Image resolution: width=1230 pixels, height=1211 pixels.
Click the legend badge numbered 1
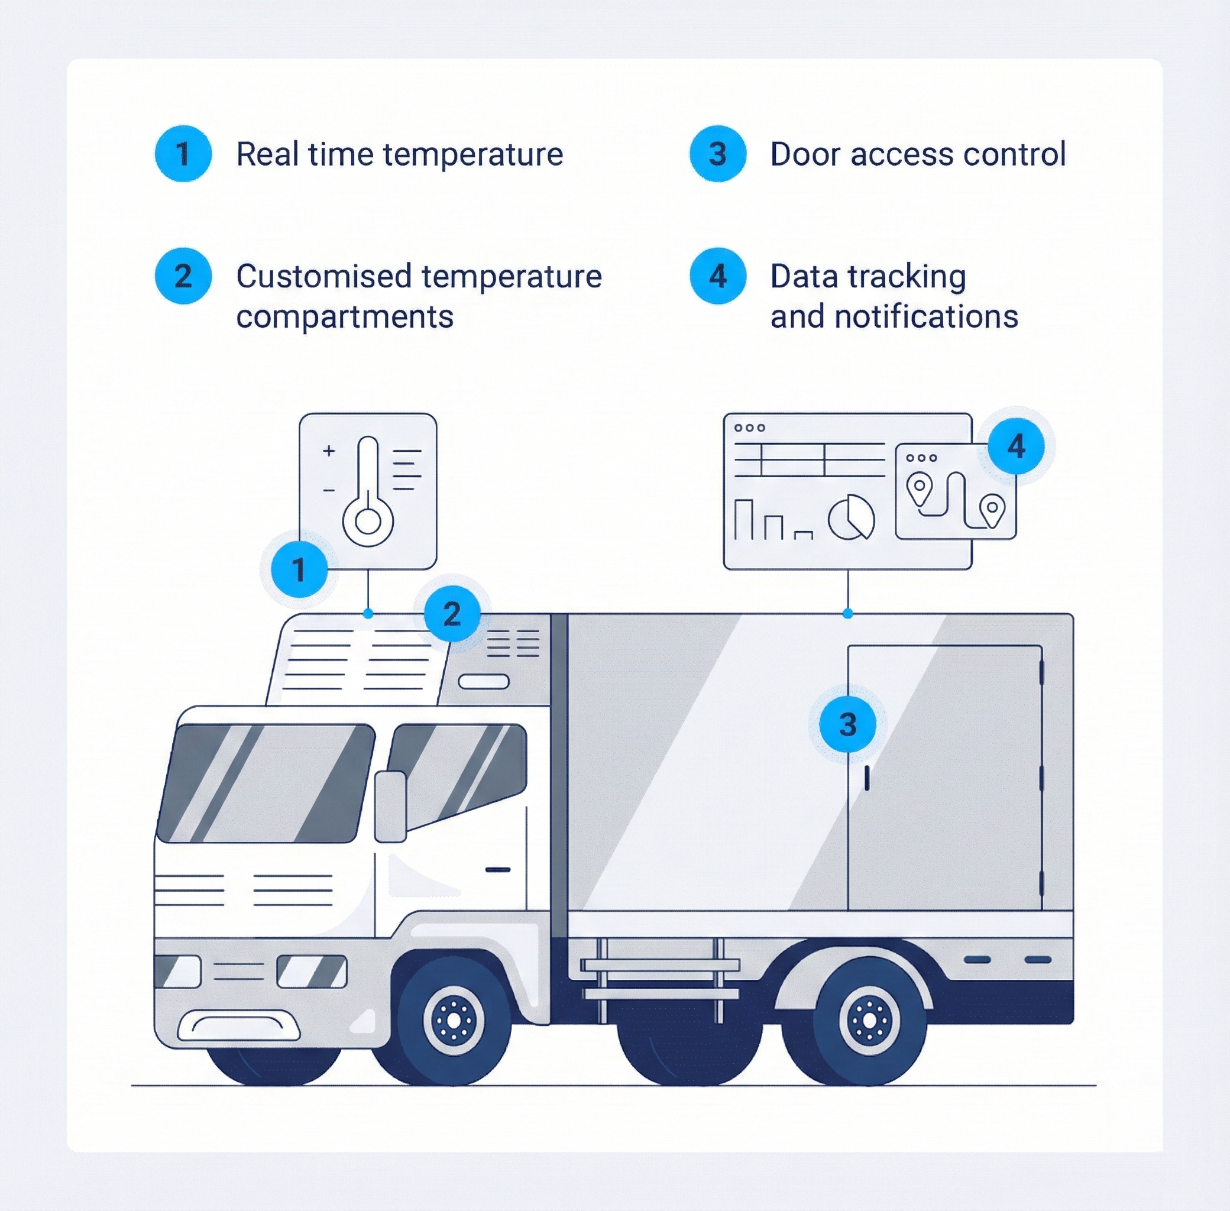tap(183, 153)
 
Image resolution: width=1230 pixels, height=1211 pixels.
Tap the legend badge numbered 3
tap(717, 153)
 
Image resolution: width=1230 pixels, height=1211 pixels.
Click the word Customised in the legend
tap(323, 276)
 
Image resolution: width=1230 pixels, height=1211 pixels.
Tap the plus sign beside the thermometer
tap(328, 451)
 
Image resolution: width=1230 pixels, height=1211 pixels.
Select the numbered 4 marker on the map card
tap(1016, 446)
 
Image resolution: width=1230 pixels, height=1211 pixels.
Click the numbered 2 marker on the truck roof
tap(452, 614)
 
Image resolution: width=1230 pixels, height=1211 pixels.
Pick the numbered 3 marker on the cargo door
tap(847, 724)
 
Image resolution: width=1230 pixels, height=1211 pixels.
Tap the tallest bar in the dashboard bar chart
tap(743, 519)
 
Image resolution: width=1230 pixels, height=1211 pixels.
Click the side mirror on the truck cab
tap(390, 807)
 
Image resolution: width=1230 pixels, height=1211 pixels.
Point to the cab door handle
tap(497, 869)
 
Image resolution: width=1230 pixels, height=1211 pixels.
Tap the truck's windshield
tap(266, 782)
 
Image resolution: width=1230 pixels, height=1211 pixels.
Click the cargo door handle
tap(866, 777)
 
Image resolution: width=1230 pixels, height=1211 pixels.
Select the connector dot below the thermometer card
tap(368, 613)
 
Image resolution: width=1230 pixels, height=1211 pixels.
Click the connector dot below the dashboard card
tap(847, 613)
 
